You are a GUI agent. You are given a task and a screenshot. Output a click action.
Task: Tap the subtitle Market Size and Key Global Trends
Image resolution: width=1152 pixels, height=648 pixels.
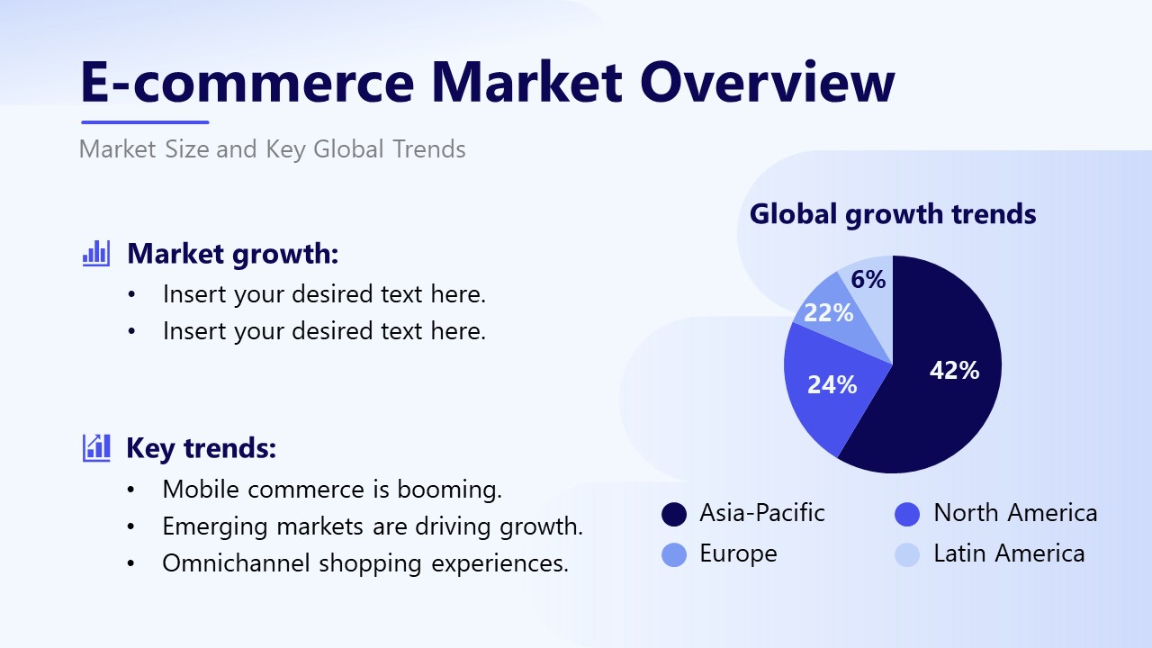pos(273,148)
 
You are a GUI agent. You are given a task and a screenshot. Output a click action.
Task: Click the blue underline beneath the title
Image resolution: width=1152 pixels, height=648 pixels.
pos(145,122)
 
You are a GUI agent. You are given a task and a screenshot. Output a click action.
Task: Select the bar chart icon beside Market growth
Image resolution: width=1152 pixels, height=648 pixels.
pos(95,253)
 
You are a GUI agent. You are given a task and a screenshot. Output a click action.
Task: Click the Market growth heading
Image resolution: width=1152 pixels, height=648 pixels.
pos(232,254)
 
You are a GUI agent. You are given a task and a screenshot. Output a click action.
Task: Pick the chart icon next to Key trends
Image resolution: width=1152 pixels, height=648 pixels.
pos(95,447)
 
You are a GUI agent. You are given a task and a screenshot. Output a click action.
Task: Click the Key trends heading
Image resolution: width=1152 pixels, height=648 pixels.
pos(201,448)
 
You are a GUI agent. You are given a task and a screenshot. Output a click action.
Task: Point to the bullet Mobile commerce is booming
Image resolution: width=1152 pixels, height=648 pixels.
pos(332,490)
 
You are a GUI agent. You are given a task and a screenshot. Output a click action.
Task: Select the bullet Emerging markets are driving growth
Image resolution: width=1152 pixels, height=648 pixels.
pos(373,526)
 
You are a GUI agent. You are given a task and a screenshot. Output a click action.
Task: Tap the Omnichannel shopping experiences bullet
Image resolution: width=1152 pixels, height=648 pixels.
pos(365,563)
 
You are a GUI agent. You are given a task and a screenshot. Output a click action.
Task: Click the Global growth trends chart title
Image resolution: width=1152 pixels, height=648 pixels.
pos(893,214)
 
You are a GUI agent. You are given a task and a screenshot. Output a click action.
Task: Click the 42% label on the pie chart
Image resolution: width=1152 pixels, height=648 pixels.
pos(954,370)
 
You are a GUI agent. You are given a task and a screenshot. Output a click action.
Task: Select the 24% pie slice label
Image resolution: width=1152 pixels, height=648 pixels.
pos(832,385)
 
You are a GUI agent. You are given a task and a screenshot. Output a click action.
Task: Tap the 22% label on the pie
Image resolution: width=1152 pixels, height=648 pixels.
pos(828,312)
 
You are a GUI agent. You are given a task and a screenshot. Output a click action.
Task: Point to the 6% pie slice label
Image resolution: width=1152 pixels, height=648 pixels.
pos(868,280)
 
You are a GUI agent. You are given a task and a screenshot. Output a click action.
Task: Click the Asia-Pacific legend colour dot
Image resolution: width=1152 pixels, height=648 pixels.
pos(674,514)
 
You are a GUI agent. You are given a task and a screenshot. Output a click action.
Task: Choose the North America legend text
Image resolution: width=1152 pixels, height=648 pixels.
pos(1015,513)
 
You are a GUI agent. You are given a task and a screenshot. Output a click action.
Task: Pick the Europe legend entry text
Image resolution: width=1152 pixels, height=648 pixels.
pos(738,553)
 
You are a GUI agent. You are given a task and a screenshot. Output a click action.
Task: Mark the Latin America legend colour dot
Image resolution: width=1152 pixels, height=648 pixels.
pos(907,554)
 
